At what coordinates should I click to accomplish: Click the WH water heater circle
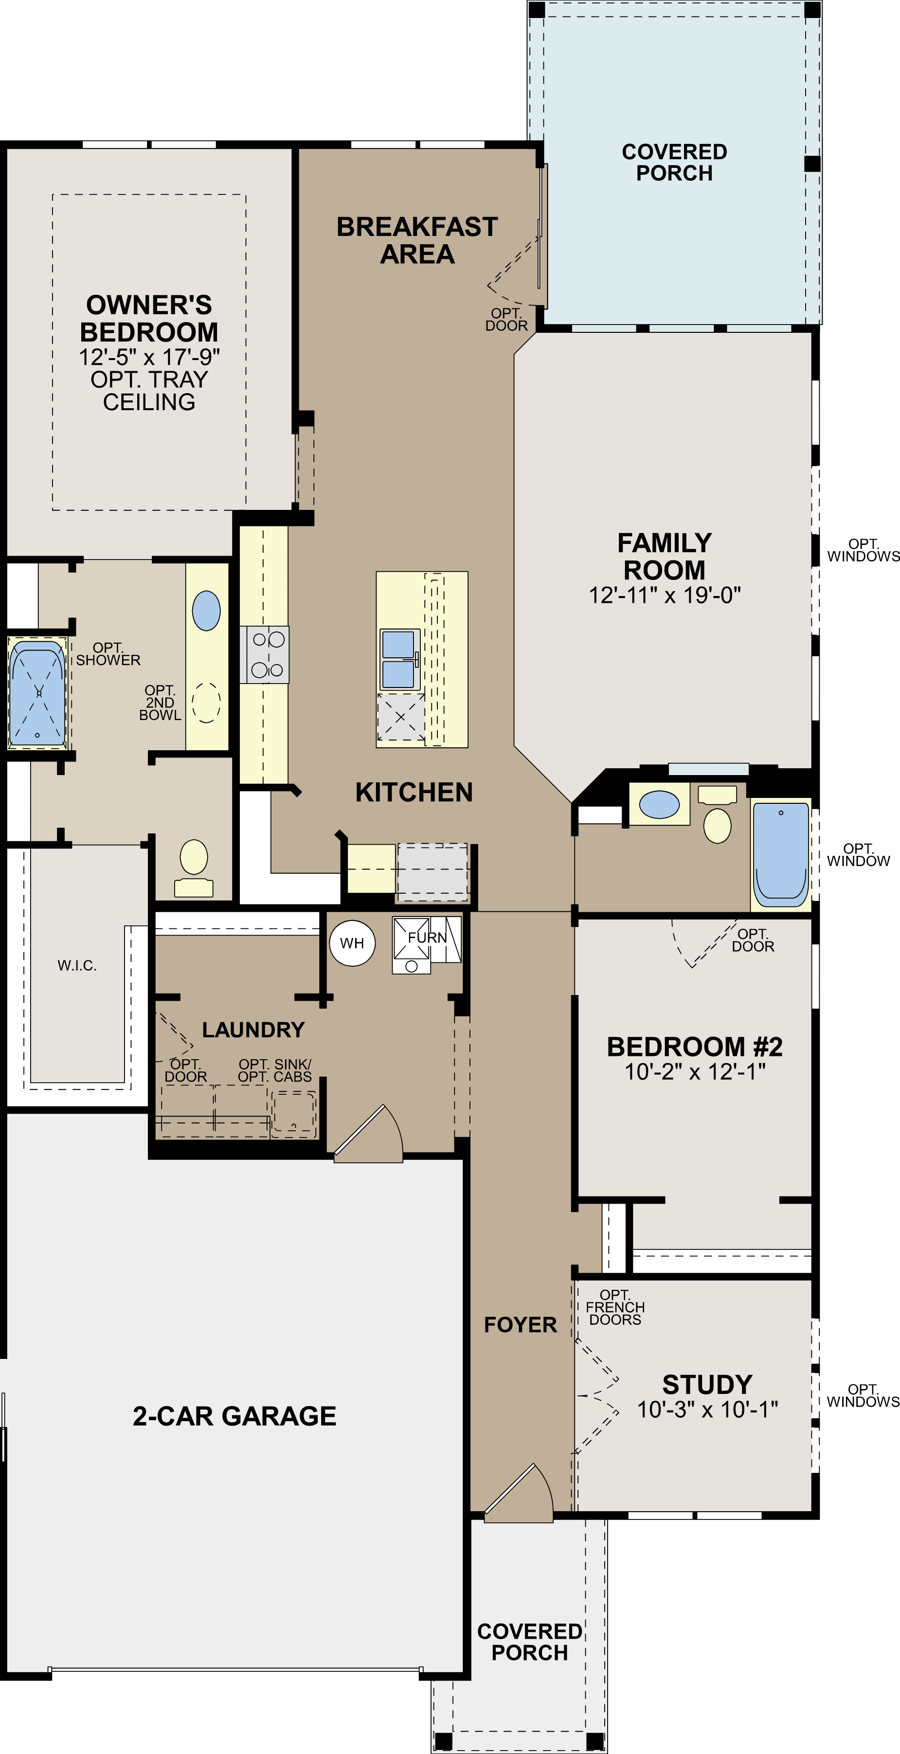point(352,943)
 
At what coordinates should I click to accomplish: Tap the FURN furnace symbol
point(426,944)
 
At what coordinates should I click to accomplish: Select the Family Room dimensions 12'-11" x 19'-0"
point(665,595)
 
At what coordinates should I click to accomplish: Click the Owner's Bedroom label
point(149,319)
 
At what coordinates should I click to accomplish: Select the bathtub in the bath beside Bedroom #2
point(781,853)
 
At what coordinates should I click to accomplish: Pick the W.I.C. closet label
point(77,965)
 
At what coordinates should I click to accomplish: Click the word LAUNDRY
point(253,1030)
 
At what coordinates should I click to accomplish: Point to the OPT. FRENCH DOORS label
point(615,1307)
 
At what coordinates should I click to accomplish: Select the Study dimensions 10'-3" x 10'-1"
point(707,1410)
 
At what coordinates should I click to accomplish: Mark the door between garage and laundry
point(368,1134)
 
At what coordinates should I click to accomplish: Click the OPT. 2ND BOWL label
point(160,703)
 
